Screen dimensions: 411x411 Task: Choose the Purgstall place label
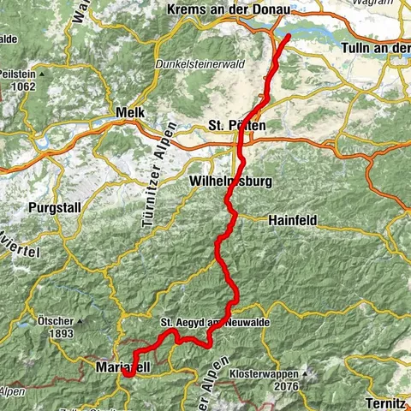pyautogui.click(x=53, y=207)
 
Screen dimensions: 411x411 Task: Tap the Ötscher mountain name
pyautogui.click(x=54, y=322)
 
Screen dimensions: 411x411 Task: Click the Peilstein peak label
pyautogui.click(x=19, y=74)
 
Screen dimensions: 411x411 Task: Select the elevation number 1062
pyautogui.click(x=22, y=86)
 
